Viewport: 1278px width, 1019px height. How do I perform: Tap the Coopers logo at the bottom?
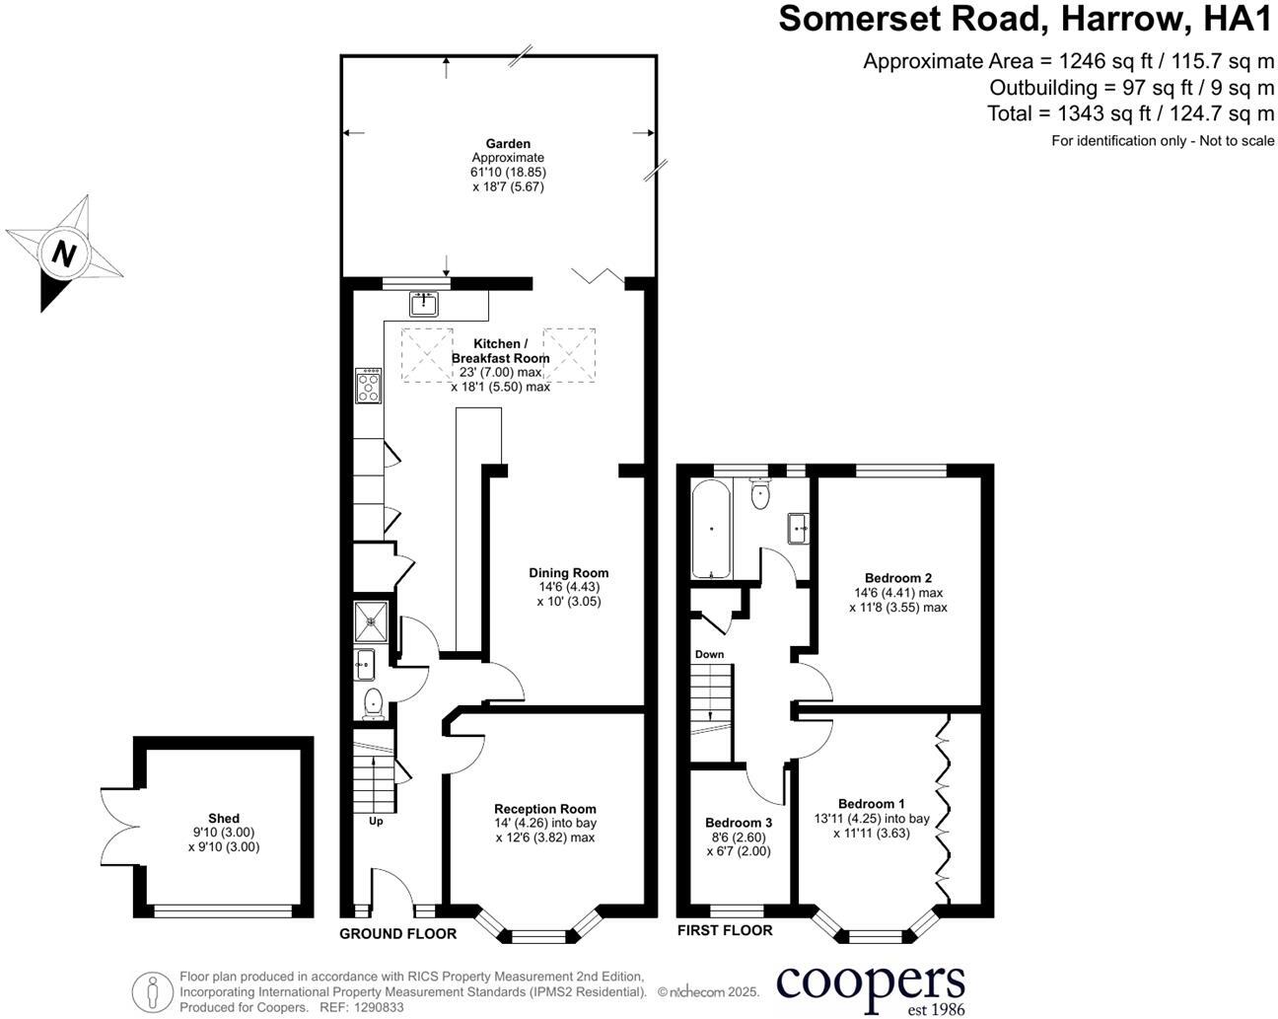click(871, 987)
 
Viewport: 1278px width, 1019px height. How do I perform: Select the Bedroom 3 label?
click(739, 823)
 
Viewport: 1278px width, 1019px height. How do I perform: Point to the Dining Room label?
click(569, 573)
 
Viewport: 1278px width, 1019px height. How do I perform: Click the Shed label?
click(224, 819)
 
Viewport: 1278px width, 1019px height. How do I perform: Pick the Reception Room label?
click(545, 809)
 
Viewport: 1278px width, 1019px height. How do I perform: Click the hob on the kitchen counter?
click(369, 386)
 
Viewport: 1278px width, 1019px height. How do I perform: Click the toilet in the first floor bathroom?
click(759, 494)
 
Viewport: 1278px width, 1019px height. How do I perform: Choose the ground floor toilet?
click(373, 703)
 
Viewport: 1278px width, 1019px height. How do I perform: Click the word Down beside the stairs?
click(709, 655)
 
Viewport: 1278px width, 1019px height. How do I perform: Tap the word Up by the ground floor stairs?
click(376, 821)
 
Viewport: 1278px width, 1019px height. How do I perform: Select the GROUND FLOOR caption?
click(397, 933)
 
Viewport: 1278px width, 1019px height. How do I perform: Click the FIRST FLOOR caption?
click(725, 930)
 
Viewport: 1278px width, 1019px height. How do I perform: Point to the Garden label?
click(508, 144)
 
